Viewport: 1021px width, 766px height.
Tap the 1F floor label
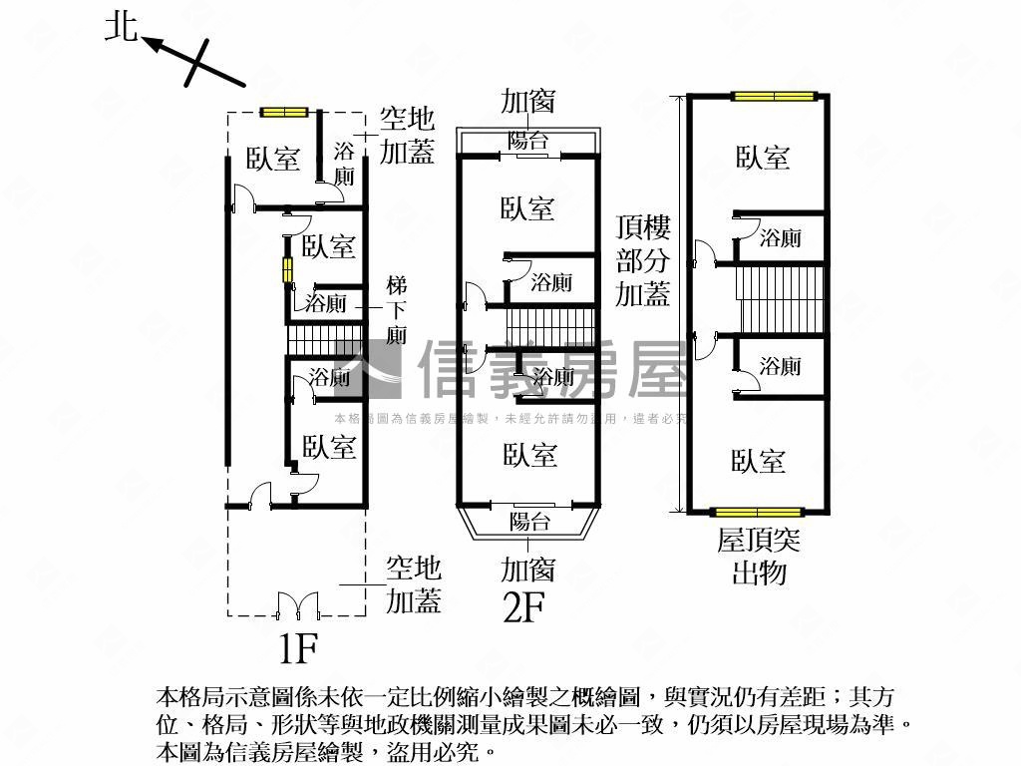click(x=296, y=649)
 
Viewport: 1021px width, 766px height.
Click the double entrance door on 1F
click(x=296, y=604)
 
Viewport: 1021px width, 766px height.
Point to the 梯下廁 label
click(x=396, y=310)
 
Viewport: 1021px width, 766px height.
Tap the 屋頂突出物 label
click(x=759, y=557)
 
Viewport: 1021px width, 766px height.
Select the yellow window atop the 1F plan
click(x=283, y=112)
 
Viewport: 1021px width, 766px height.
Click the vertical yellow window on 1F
click(x=287, y=270)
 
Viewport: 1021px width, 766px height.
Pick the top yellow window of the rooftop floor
click(x=774, y=97)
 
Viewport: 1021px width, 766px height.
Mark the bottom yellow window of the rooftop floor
click(x=760, y=513)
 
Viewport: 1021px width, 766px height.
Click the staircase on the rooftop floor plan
click(x=782, y=299)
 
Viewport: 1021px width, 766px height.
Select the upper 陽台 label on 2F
click(x=528, y=141)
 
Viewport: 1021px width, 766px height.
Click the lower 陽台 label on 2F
click(x=528, y=520)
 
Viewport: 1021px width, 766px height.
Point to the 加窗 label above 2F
click(x=527, y=102)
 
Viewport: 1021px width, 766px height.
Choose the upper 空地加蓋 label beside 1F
click(x=408, y=136)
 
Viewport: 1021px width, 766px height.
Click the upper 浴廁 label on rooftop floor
click(x=780, y=238)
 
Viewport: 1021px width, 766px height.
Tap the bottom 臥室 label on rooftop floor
click(x=758, y=460)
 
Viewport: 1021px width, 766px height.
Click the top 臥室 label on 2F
click(x=527, y=208)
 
